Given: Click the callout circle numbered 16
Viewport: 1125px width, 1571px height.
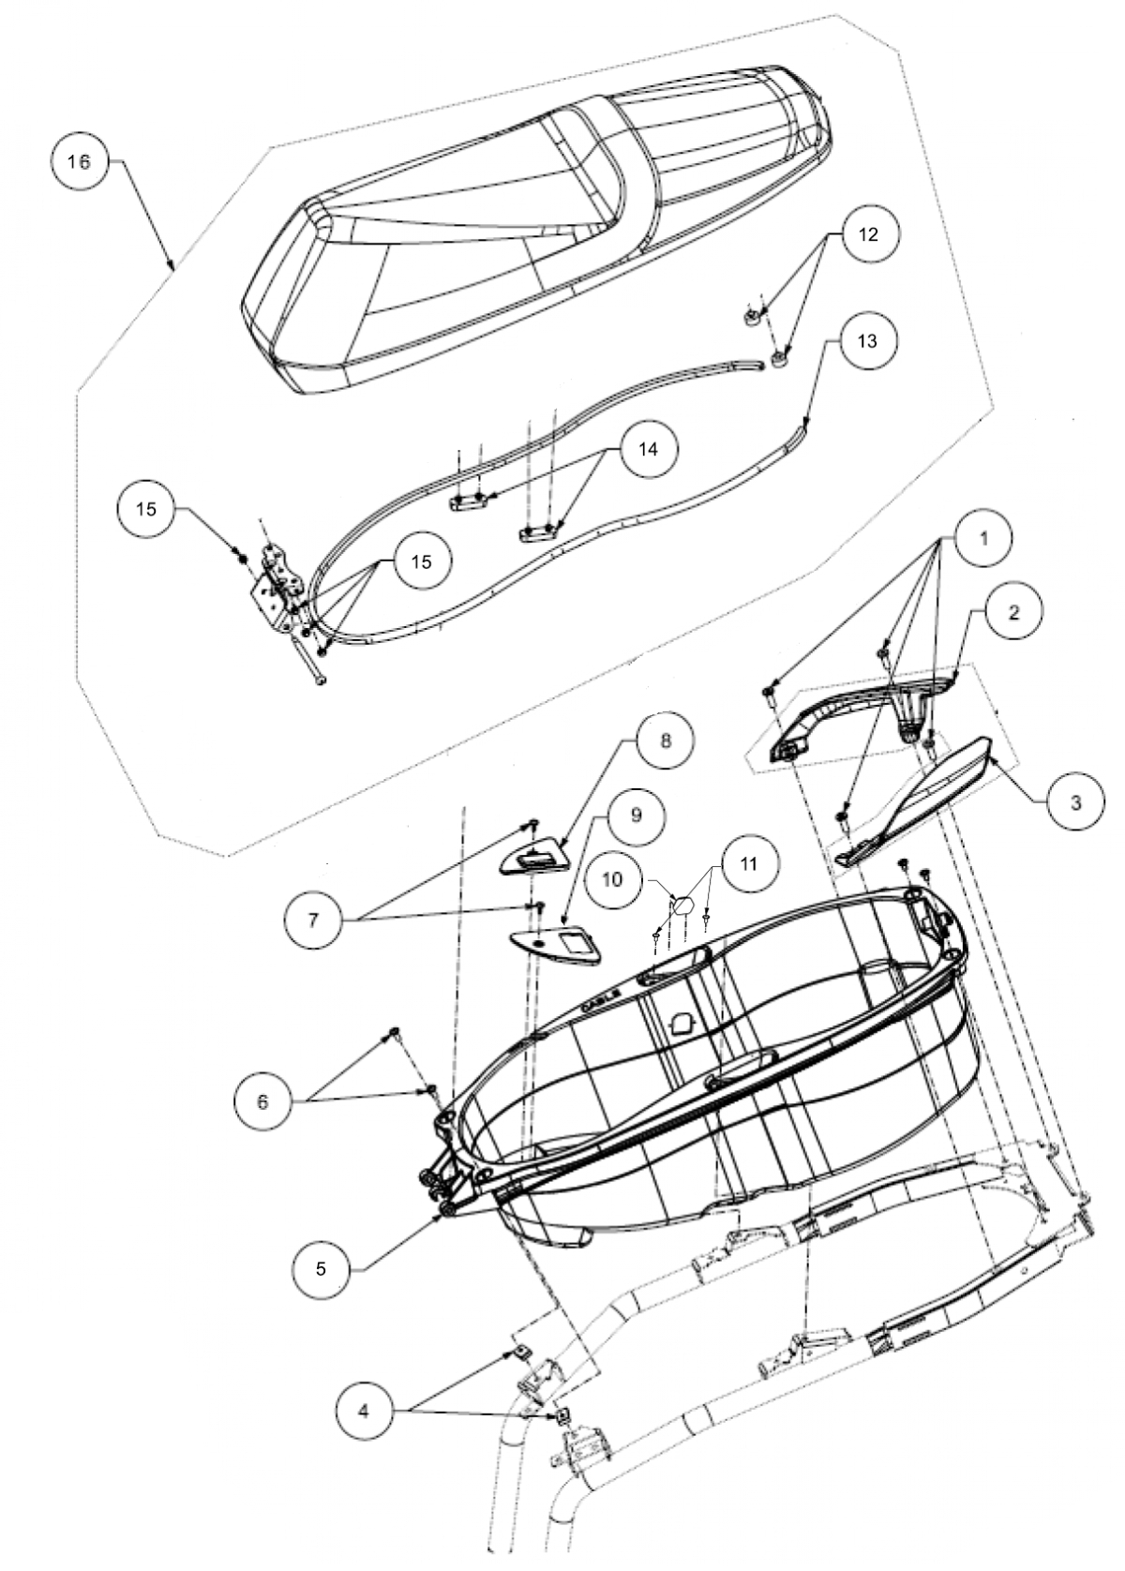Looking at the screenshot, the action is [80, 162].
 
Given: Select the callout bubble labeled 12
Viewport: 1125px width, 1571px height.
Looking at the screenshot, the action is [868, 234].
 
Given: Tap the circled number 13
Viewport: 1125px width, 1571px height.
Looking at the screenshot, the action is [867, 341].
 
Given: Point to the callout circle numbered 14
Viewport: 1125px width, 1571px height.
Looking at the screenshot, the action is [649, 450].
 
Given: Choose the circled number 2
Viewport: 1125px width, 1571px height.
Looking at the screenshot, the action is [1013, 612].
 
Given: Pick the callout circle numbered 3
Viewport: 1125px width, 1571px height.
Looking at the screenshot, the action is [1074, 801].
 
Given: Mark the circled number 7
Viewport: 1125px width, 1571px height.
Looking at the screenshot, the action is [313, 920].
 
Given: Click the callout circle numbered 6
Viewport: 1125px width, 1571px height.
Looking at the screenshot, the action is [262, 1101].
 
